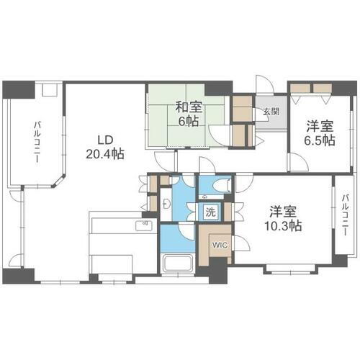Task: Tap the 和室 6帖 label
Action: (x=189, y=114)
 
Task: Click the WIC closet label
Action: (x=219, y=245)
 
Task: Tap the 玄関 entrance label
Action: (x=271, y=112)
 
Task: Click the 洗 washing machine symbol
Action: (x=211, y=213)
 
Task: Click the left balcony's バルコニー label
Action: (x=35, y=145)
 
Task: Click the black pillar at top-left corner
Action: (x=17, y=90)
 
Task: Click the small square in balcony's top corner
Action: (x=50, y=91)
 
